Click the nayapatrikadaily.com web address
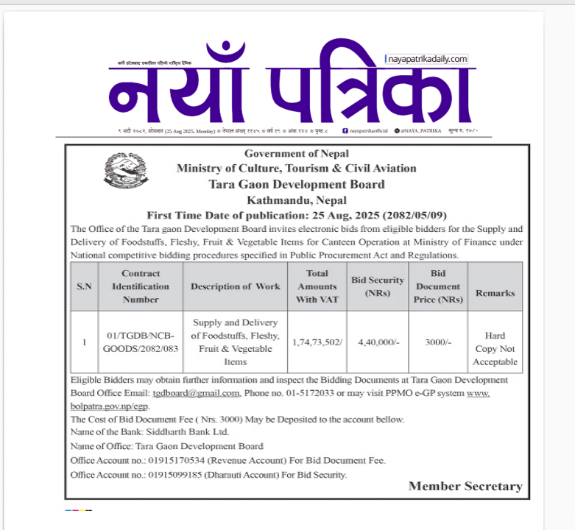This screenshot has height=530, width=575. tap(428, 59)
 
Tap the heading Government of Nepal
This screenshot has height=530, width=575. tap(297, 153)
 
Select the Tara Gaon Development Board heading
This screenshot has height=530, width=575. tap(297, 184)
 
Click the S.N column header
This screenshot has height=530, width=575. tap(85, 286)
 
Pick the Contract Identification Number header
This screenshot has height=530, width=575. tap(141, 286)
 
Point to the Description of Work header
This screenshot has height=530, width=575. tap(236, 286)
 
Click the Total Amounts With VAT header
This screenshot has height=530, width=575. tap(317, 286)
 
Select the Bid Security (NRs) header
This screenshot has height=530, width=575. tap(378, 286)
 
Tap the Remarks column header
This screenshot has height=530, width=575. tap(495, 292)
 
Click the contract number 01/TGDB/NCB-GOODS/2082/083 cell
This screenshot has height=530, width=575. tap(141, 342)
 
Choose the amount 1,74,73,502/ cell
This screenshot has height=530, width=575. tap(317, 342)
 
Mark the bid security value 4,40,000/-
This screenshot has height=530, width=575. tap(378, 342)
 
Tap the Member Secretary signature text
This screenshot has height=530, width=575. tap(465, 486)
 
